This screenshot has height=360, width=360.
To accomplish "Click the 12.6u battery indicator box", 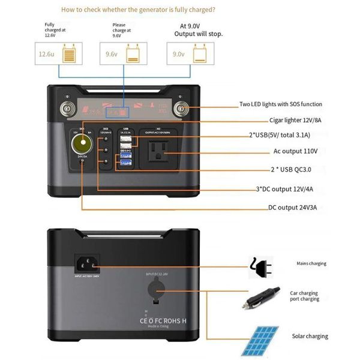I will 59,54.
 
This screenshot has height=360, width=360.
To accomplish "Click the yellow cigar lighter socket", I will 80,144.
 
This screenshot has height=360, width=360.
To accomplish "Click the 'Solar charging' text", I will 310,336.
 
